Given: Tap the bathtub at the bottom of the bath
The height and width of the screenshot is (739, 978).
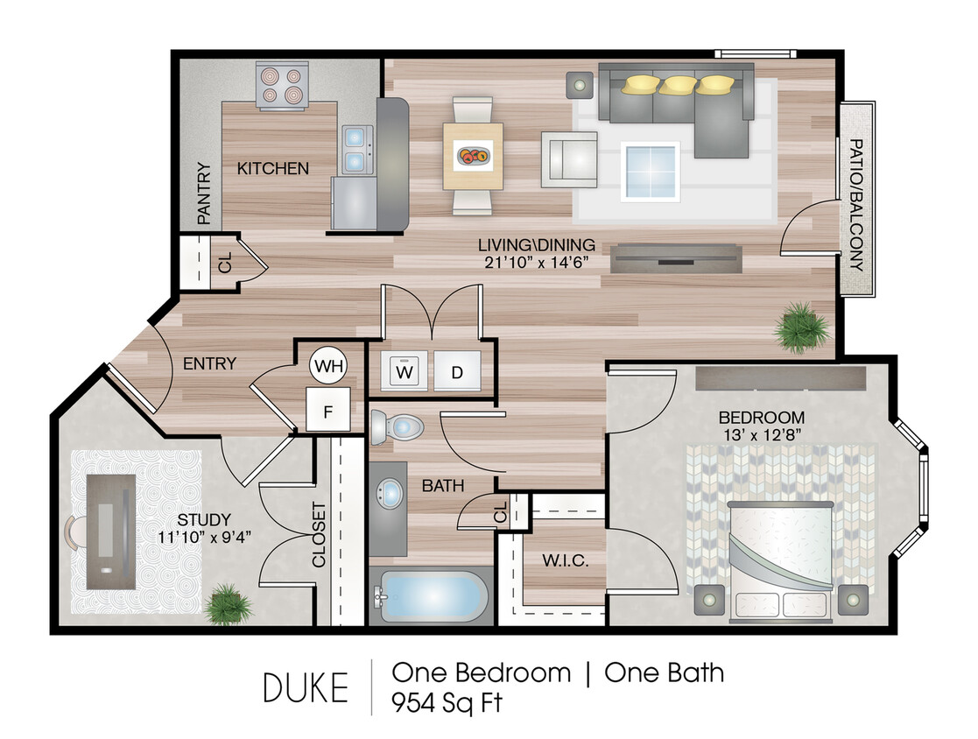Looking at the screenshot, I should pos(429,597).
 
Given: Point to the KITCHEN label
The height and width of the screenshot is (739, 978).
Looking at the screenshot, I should pos(273,168).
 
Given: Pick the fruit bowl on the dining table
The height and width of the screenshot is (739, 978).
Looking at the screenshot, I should pos(474,157).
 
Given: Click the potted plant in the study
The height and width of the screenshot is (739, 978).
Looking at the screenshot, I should pos(228,603).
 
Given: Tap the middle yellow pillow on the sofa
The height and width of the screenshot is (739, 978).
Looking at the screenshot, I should pos(679,85).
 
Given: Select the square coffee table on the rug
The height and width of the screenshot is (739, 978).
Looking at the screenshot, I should pos(651,171).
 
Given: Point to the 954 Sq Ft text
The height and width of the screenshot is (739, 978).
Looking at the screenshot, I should pos(447,702).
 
